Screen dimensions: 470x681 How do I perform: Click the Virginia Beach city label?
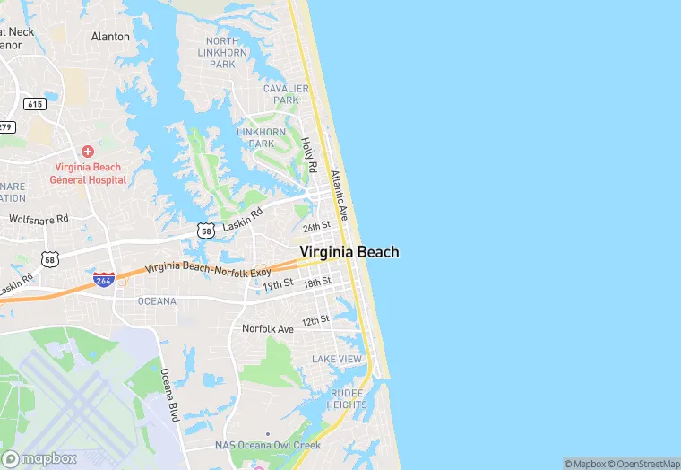pyautogui.click(x=349, y=252)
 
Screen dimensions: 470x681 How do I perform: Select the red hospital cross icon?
pyautogui.click(x=88, y=152)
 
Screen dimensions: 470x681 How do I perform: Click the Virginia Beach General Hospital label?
pyautogui.click(x=88, y=173)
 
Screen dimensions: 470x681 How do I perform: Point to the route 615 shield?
pyautogui.click(x=35, y=104)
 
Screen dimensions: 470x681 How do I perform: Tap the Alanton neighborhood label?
pyautogui.click(x=110, y=37)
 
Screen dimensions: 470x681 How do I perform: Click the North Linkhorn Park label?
pyautogui.click(x=222, y=53)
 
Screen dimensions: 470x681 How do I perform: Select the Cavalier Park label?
pyautogui.click(x=286, y=94)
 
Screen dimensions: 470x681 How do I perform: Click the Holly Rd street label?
pyautogui.click(x=308, y=155)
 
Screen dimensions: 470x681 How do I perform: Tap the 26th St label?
pyautogui.click(x=317, y=228)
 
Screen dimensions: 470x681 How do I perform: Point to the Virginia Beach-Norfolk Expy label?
pyautogui.click(x=207, y=267)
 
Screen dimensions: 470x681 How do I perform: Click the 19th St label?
pyautogui.click(x=278, y=285)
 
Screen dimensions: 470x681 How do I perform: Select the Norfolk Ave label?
pyautogui.click(x=268, y=329)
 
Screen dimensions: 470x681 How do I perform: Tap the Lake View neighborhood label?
pyautogui.click(x=337, y=359)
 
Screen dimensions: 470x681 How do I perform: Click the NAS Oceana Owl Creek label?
pyautogui.click(x=267, y=446)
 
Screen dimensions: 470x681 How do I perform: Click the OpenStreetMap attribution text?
pyautogui.click(x=642, y=464)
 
